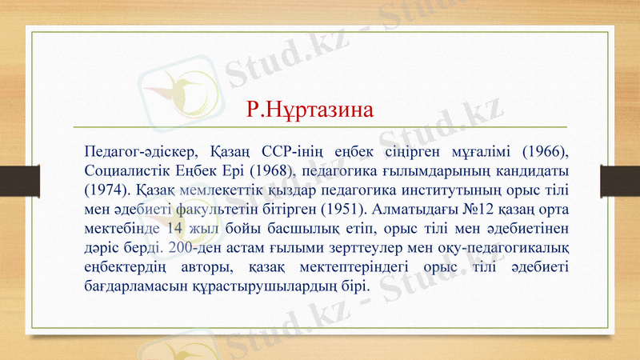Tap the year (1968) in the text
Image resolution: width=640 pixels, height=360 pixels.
[x=273, y=170]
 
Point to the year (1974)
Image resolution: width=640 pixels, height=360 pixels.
[x=105, y=190]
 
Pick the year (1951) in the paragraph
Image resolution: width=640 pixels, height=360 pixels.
[x=342, y=210]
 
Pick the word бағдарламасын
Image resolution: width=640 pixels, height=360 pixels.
[x=147, y=286]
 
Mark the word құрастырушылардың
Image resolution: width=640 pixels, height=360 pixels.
[x=273, y=286]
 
